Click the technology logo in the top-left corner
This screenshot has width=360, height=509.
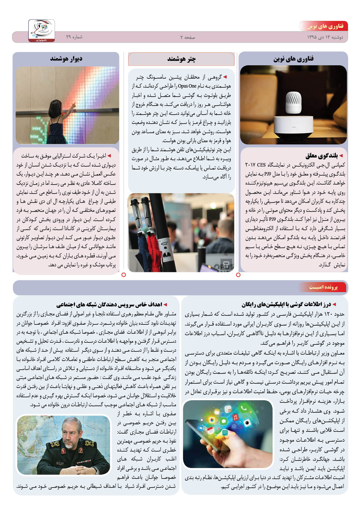pos(42,30)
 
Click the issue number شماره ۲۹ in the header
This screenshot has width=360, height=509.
pos(74,37)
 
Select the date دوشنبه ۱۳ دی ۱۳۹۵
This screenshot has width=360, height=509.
pos(325,37)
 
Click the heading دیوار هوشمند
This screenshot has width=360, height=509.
pos(66,59)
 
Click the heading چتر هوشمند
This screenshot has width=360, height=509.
pos(181,59)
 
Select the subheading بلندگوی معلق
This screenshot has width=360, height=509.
pos(321,156)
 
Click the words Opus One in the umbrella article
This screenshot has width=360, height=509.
pos(187,86)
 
